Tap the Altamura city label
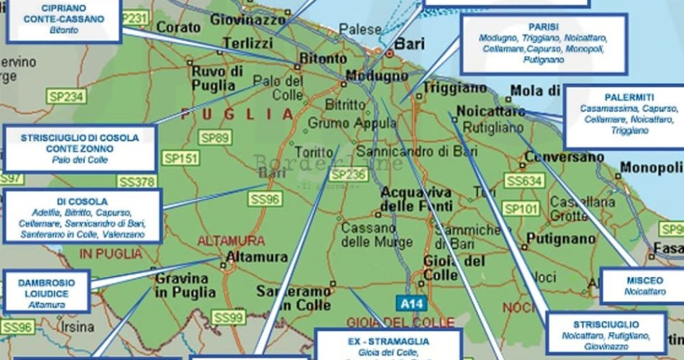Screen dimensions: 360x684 [x=256, y=257]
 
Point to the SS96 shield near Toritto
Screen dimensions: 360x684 [x=264, y=198]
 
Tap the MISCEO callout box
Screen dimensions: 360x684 [x=639, y=285]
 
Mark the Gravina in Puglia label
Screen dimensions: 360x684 [x=185, y=285]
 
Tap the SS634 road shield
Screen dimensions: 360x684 [x=524, y=181]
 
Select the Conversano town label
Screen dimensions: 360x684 [x=562, y=157]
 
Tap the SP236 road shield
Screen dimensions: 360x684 [x=348, y=174]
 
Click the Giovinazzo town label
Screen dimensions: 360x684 [x=248, y=20]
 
